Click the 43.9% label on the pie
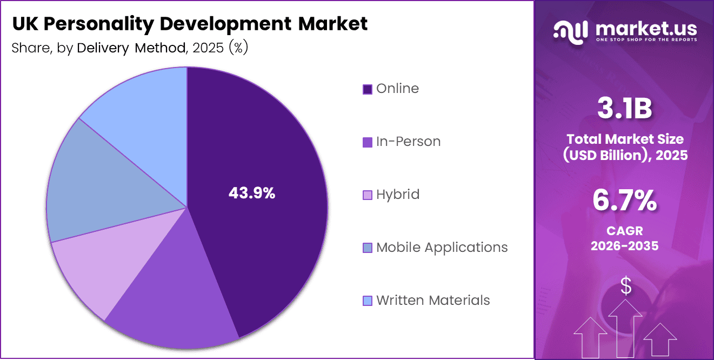[252, 193]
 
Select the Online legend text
[397, 89]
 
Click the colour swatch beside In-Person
[368, 142]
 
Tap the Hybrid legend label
[398, 195]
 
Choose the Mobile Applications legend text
[442, 248]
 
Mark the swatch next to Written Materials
[368, 301]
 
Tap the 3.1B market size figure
[625, 109]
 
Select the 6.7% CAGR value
[625, 201]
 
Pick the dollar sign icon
[626, 286]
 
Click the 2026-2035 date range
[625, 246]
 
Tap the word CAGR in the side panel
[625, 231]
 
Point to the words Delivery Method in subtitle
[131, 48]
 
